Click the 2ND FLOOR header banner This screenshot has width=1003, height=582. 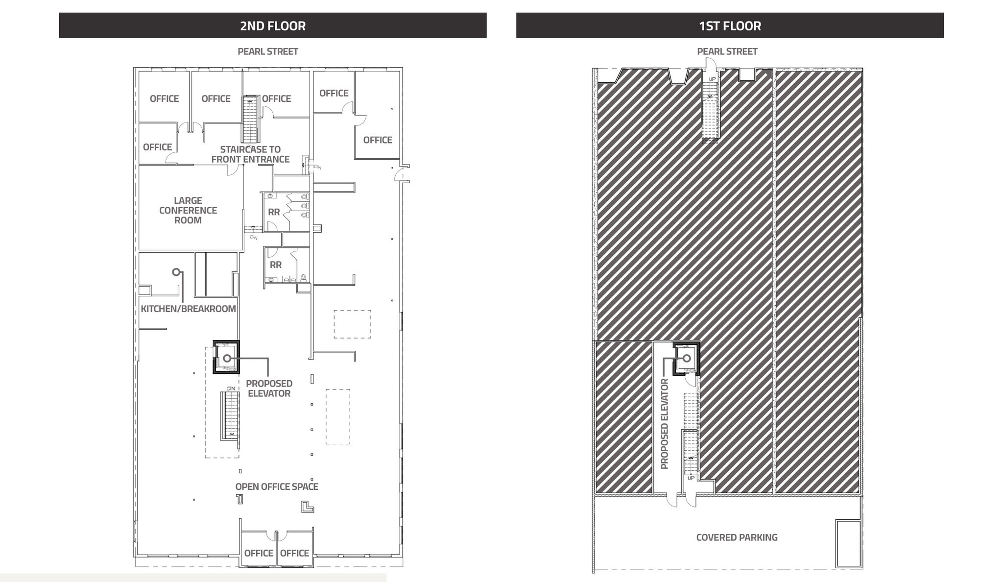click(272, 25)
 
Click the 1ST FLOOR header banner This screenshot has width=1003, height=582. click(730, 25)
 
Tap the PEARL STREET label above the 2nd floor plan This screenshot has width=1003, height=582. click(268, 51)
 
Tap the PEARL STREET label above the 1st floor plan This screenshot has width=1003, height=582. click(727, 51)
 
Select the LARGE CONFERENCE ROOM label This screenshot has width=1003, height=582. click(188, 210)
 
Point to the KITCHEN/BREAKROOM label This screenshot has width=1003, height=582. click(188, 309)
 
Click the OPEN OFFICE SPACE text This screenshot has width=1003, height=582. click(277, 486)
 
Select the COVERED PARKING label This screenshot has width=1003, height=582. click(737, 537)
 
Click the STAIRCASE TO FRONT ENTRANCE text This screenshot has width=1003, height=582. click(250, 154)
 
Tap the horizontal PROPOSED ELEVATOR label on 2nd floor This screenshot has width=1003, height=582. click(269, 388)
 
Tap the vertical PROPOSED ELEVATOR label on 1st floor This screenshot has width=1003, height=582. click(665, 424)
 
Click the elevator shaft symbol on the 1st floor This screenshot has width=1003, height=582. click(687, 359)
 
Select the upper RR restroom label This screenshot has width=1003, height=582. click(274, 212)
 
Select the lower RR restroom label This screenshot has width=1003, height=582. click(276, 265)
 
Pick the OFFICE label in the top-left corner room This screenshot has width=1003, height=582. click(164, 98)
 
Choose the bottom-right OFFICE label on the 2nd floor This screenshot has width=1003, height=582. click(294, 553)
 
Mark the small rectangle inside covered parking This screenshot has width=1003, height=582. click(848, 543)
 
